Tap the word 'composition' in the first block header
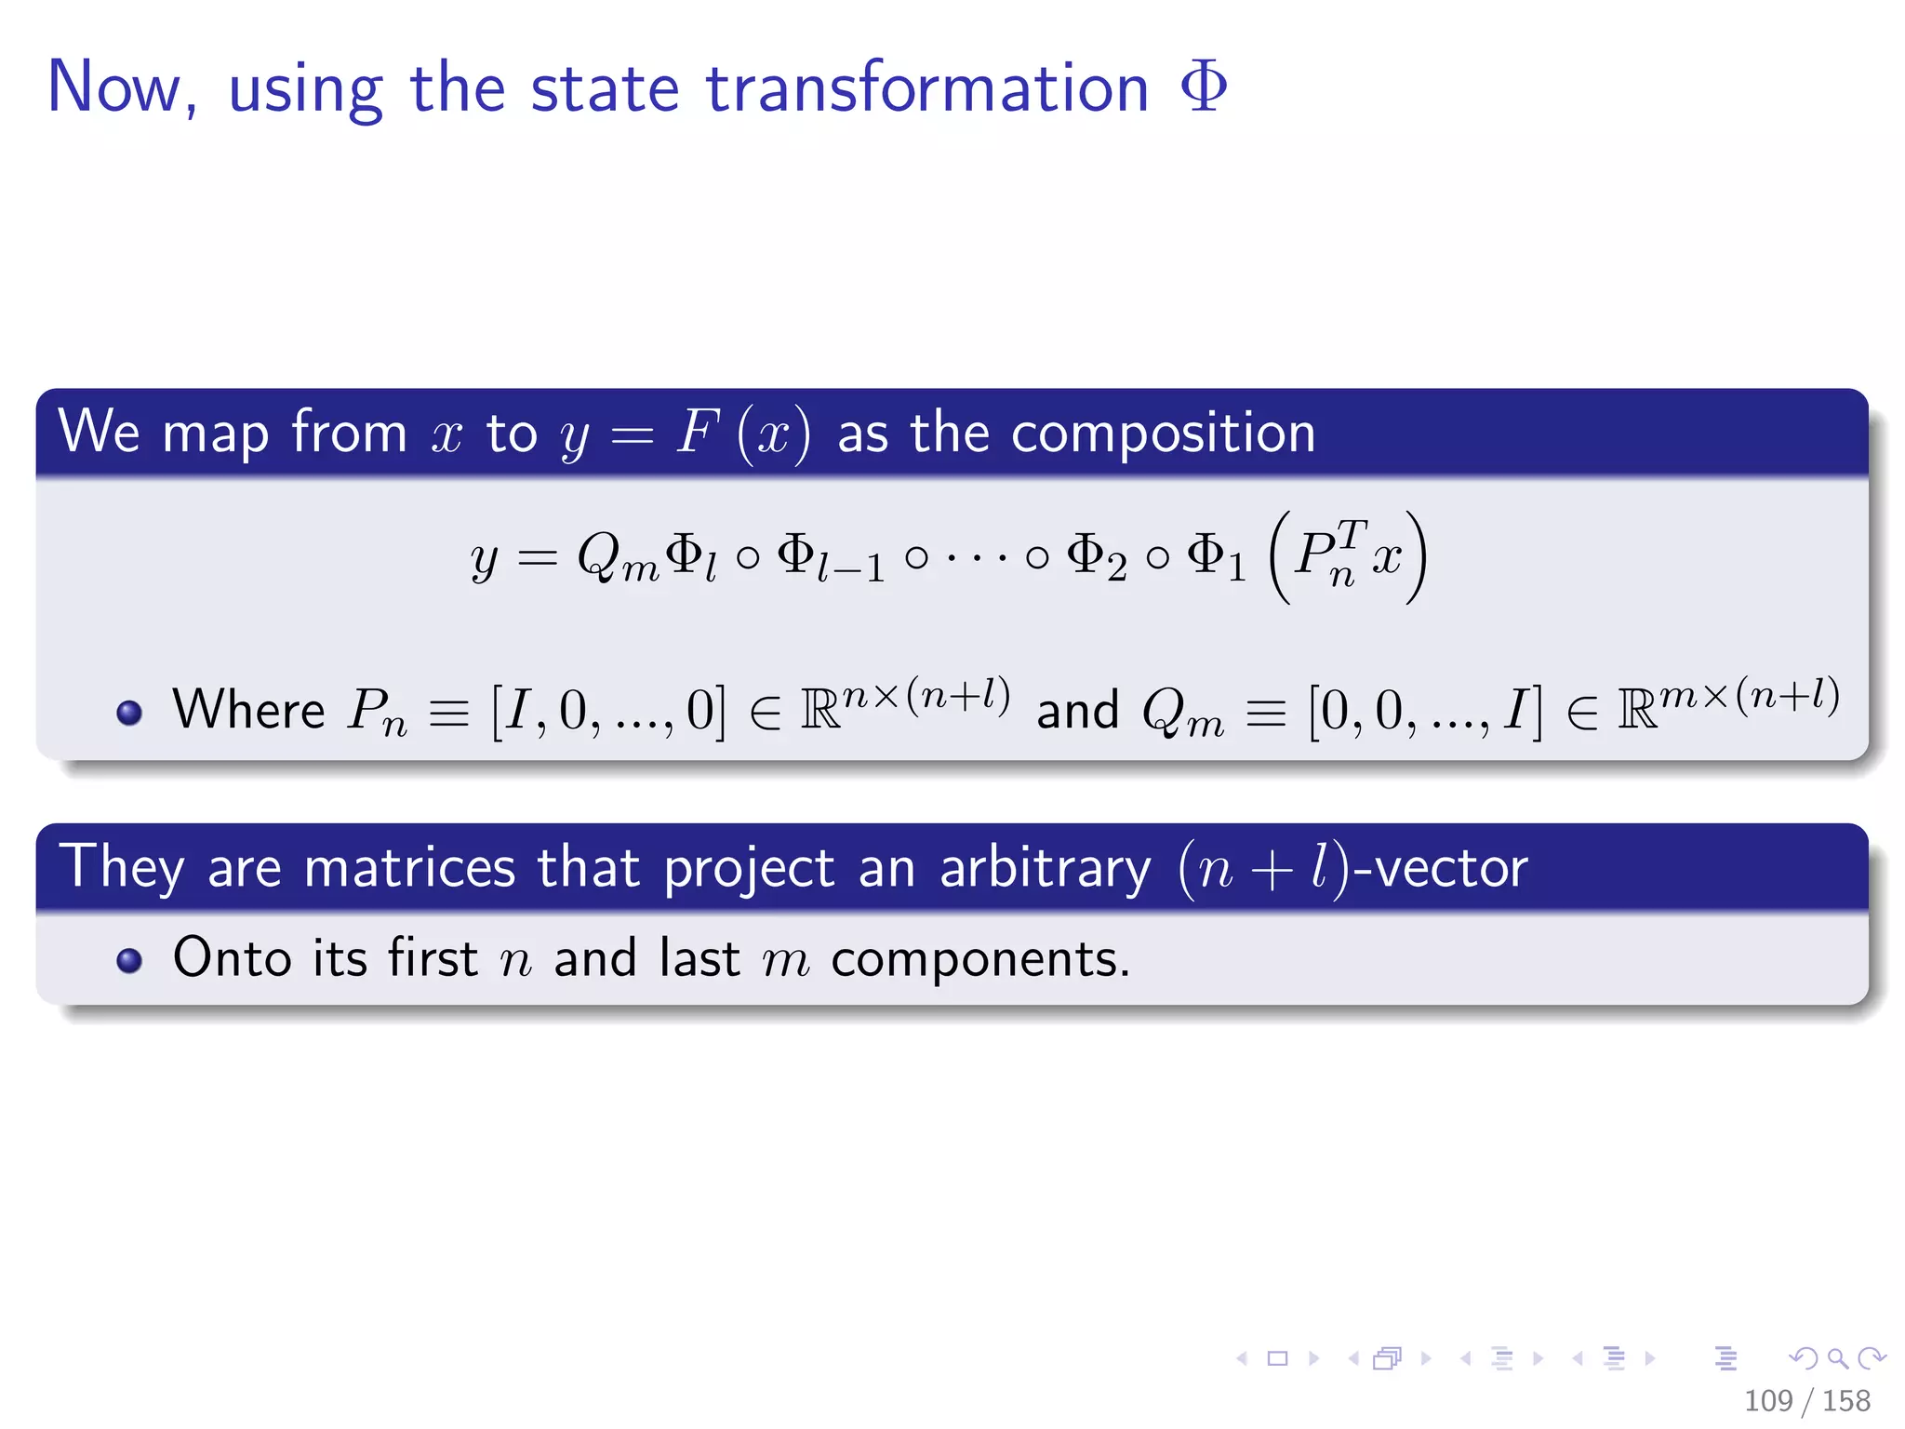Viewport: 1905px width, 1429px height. [x=1163, y=434]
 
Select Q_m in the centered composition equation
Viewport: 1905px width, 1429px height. [x=617, y=558]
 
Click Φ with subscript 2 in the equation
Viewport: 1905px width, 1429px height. [x=1097, y=558]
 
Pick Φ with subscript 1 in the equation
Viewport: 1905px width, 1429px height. [x=1216, y=558]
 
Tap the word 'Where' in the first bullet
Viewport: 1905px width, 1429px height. [x=248, y=711]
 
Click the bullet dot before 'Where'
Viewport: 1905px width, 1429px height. [x=129, y=714]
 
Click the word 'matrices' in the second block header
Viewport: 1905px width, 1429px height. [x=409, y=868]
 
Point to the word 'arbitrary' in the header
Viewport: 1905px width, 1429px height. [x=1045, y=868]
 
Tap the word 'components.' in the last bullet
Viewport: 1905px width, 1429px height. [x=979, y=959]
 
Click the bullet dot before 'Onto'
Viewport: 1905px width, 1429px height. [x=129, y=960]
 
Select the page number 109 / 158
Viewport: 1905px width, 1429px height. [x=1806, y=1400]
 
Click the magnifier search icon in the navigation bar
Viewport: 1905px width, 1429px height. [x=1837, y=1358]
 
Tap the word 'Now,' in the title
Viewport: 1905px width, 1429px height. [x=122, y=88]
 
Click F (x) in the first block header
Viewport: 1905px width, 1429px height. [x=742, y=434]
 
